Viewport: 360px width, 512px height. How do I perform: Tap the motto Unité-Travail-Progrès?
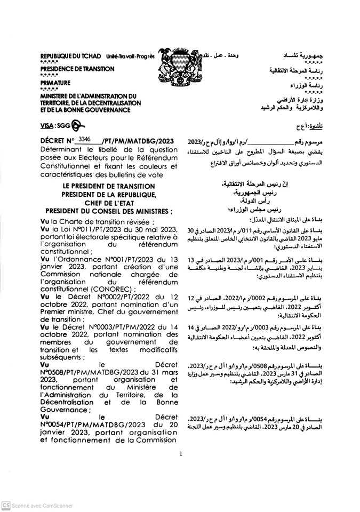point(130,56)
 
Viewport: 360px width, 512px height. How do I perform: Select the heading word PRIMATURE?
point(55,83)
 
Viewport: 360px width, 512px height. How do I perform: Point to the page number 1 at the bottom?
point(181,454)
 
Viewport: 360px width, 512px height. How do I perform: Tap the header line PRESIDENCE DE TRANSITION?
point(77,69)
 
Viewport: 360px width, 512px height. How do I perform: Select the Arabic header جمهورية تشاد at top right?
point(305,56)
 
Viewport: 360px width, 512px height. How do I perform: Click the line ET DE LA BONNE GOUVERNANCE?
point(85,110)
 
